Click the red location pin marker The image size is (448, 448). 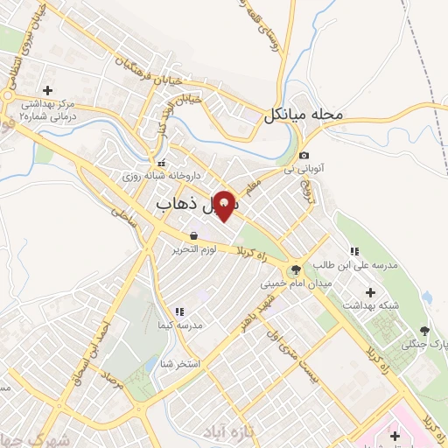226,206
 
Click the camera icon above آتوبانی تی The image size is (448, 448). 304,155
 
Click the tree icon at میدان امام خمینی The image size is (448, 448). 294,269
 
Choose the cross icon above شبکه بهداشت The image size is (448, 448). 370,291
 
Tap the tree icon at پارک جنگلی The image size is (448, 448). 424,331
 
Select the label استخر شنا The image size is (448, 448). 182,362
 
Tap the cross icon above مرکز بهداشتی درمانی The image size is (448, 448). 47,89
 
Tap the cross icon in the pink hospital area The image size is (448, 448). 395,436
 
